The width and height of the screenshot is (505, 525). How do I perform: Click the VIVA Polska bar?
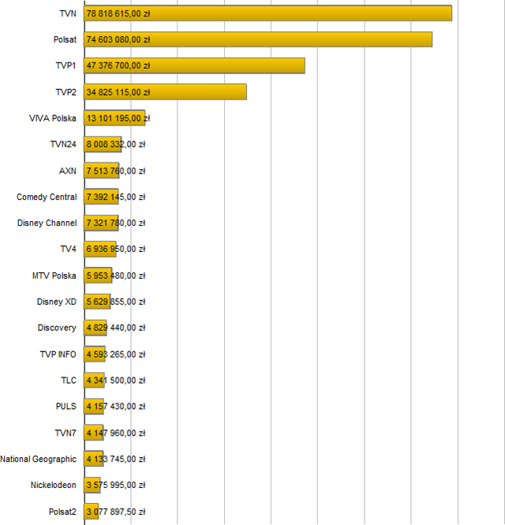tap(114, 118)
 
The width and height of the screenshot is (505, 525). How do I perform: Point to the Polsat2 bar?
tap(92, 512)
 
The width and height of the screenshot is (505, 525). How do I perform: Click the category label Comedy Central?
tap(47, 197)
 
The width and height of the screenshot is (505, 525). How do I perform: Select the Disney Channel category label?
tap(47, 223)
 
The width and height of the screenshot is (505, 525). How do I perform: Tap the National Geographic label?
tap(39, 459)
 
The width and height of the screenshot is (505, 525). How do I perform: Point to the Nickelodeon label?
tap(54, 485)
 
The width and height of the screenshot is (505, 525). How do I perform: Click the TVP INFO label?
tap(58, 354)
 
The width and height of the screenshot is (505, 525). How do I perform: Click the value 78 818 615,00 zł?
tap(118, 13)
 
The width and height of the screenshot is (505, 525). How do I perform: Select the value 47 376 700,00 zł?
tap(118, 66)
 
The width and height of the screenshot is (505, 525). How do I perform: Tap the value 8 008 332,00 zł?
tap(116, 144)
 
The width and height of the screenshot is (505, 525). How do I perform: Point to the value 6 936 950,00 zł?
tap(116, 249)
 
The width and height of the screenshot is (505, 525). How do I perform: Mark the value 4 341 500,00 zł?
tap(116, 381)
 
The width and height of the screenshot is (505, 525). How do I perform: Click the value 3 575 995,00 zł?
tap(116, 485)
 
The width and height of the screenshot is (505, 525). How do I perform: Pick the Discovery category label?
tap(57, 328)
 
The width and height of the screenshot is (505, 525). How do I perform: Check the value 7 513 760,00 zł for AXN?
tap(116, 171)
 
